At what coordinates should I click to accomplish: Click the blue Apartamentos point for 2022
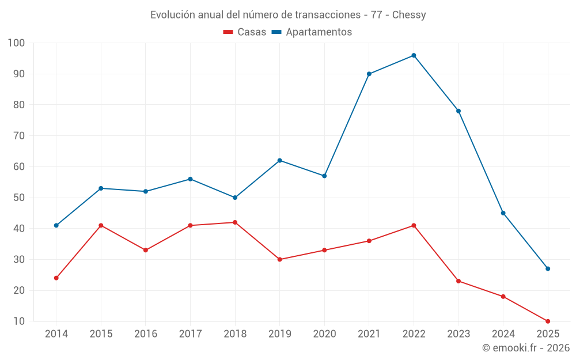414,55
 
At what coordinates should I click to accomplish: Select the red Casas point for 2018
235,222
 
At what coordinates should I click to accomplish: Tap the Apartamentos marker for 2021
369,74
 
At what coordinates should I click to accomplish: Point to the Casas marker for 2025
548,321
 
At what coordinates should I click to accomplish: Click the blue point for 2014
56,225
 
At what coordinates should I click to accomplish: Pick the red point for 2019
279,259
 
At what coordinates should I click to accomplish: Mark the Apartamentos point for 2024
503,213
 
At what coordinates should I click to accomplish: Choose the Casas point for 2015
101,225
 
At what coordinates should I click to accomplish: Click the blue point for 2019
279,160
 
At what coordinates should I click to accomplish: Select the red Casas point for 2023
458,281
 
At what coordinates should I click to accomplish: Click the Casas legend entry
245,32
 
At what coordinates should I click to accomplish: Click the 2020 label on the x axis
324,334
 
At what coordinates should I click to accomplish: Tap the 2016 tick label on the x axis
146,334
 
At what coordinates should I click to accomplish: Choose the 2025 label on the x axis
548,334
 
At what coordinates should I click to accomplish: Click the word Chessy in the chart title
409,15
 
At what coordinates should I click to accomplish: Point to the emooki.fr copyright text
526,348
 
